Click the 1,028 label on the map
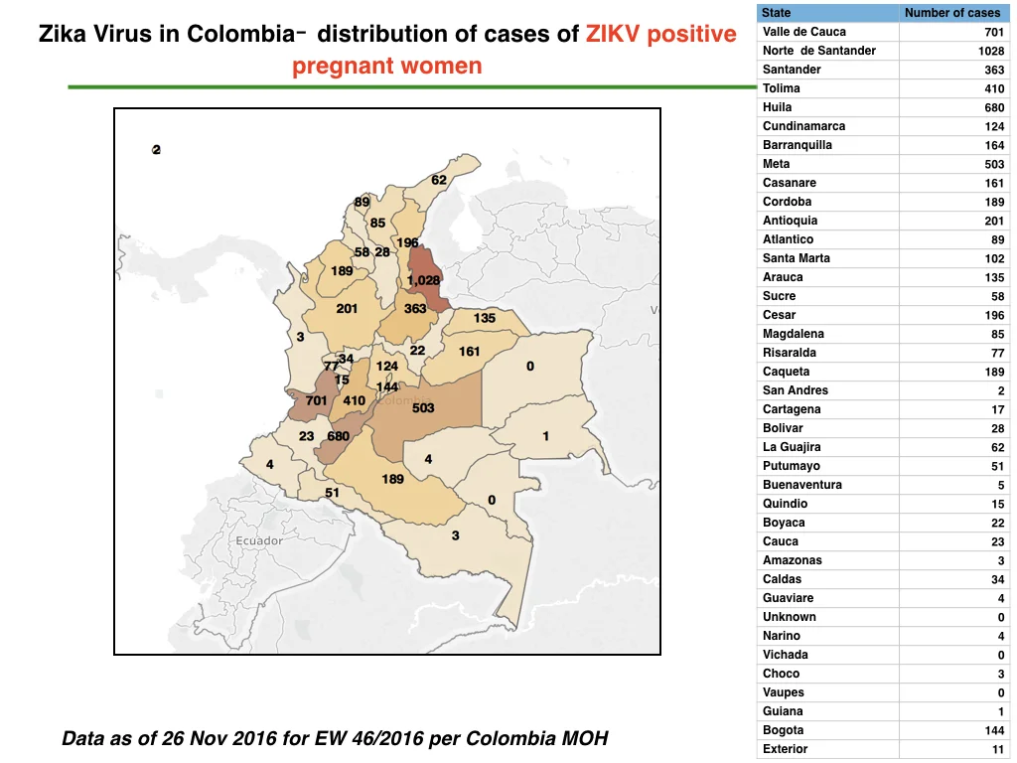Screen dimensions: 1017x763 [423, 280]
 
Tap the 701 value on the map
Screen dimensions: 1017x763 [317, 400]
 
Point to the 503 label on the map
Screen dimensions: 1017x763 [423, 408]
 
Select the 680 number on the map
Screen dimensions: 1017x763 [338, 436]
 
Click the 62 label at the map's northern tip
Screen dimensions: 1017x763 [439, 180]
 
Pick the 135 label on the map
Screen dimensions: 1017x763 [485, 318]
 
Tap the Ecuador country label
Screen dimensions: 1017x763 [259, 540]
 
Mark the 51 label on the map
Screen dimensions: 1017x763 [332, 493]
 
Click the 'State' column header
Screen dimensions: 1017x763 [776, 12]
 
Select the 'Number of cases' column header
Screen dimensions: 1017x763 [952, 12]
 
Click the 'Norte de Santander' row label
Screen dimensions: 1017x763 [819, 51]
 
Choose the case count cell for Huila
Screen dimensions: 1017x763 [994, 107]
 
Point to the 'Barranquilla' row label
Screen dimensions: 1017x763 [798, 145]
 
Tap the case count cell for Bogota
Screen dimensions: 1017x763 [994, 730]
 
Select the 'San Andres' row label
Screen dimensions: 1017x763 [796, 390]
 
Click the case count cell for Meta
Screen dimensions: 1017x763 [994, 164]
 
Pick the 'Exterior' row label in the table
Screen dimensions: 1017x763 [785, 749]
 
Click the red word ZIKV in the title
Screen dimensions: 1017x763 [613, 34]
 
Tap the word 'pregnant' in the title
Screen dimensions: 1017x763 [342, 67]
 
